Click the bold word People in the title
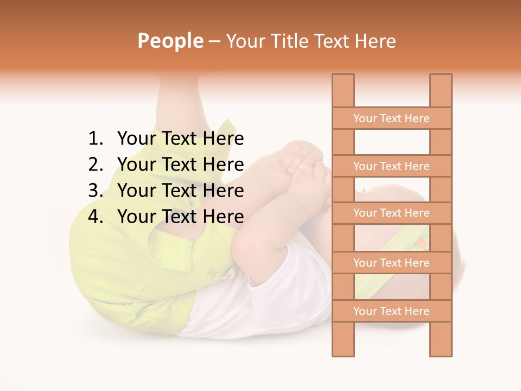pyautogui.click(x=170, y=41)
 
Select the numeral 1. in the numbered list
pyautogui.click(x=96, y=139)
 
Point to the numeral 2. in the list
pyautogui.click(x=96, y=165)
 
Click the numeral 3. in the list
pyautogui.click(x=96, y=191)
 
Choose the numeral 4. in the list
pyautogui.click(x=96, y=217)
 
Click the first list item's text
pyautogui.click(x=180, y=139)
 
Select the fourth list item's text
pyautogui.click(x=180, y=217)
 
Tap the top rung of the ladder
pyautogui.click(x=391, y=118)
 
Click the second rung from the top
pyautogui.click(x=391, y=166)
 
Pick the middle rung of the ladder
pyautogui.click(x=391, y=213)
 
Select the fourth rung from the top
pyautogui.click(x=391, y=263)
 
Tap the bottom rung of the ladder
pyautogui.click(x=391, y=311)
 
